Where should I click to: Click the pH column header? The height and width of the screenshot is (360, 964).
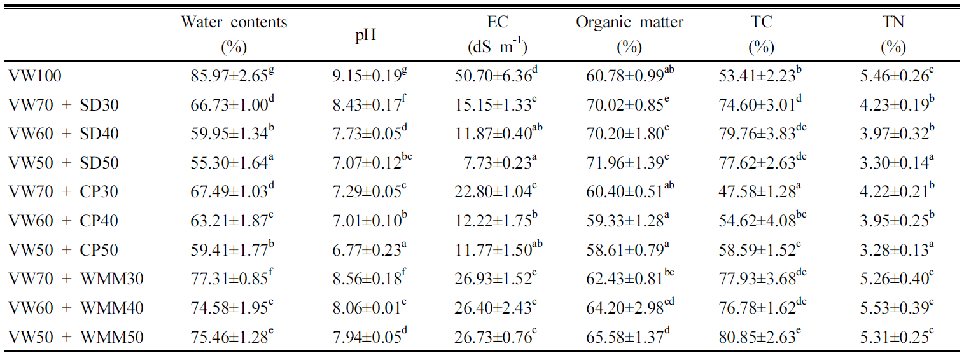pos(365,35)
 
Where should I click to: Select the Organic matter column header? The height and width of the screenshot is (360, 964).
pos(629,23)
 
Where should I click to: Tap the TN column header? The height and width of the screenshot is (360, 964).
pos(893,23)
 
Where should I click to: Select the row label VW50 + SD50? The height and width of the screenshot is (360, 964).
pos(64,163)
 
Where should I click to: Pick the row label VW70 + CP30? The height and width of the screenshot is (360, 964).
pos(64,192)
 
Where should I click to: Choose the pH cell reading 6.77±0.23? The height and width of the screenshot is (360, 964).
pos(365,250)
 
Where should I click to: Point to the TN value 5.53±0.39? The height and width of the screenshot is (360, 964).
pos(893,308)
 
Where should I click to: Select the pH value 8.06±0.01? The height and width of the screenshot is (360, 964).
pos(365,308)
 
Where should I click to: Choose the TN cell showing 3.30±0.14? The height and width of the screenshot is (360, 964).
pos(893,163)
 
